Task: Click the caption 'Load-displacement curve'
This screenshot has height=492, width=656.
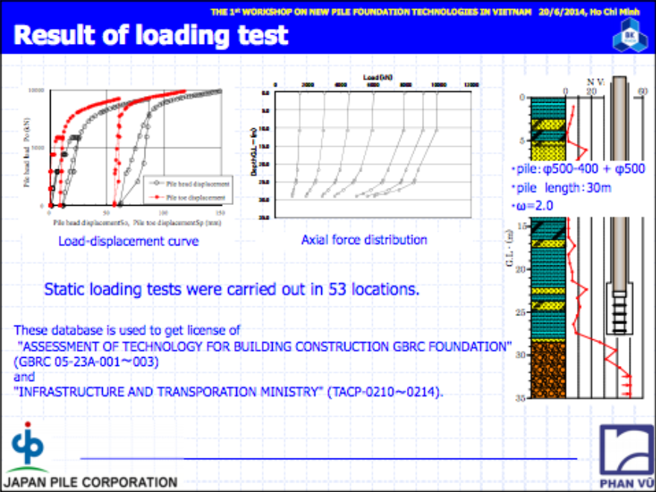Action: (128, 242)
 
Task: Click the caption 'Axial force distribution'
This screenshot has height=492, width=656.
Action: (364, 240)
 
